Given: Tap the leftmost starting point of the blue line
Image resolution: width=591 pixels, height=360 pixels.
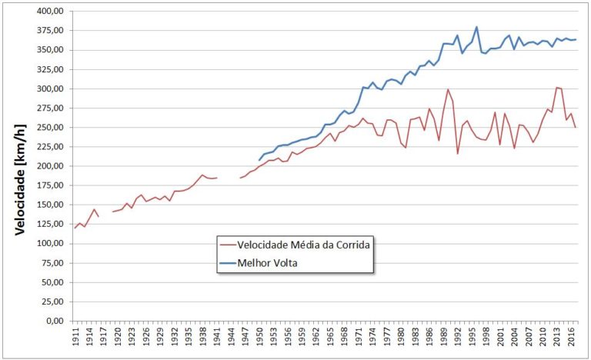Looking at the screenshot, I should [259, 161].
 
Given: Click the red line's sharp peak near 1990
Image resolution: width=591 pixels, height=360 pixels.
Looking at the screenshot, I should [448, 89].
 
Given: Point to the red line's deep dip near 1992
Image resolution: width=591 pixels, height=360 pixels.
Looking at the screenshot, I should [458, 154].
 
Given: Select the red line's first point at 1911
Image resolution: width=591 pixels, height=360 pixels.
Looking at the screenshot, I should [75, 228].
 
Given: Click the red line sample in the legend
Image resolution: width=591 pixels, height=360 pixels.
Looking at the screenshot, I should [228, 245].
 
